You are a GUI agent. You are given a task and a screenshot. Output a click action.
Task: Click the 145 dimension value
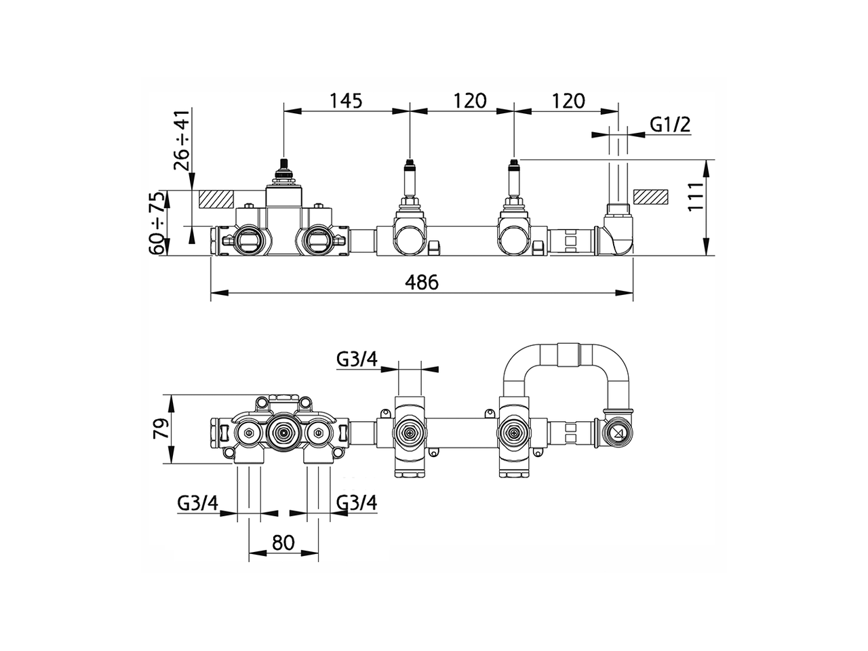(x=346, y=101)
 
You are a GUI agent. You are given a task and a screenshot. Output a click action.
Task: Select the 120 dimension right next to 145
(x=470, y=101)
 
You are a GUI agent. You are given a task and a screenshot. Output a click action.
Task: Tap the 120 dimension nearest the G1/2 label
(x=568, y=101)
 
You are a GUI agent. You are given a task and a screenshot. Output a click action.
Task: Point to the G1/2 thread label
(x=670, y=124)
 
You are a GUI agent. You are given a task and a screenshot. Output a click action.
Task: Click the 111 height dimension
(x=698, y=197)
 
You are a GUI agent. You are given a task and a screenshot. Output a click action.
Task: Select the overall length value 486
(x=422, y=281)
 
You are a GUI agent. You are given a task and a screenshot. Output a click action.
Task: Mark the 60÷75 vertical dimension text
(x=158, y=223)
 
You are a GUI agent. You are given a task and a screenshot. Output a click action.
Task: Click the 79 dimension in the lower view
(x=161, y=429)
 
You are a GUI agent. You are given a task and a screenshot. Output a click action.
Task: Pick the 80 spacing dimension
(x=283, y=542)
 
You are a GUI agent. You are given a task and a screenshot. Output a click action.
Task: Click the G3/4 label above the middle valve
(x=357, y=359)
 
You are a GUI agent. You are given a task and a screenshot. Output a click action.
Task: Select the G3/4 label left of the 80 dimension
(x=198, y=503)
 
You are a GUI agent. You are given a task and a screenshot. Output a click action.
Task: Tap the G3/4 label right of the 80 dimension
(x=357, y=503)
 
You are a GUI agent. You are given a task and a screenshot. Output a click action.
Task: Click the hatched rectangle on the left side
(x=216, y=199)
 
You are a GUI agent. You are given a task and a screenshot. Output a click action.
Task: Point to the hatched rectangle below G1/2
(x=650, y=196)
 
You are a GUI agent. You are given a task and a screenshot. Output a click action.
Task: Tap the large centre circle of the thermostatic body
(x=282, y=432)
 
